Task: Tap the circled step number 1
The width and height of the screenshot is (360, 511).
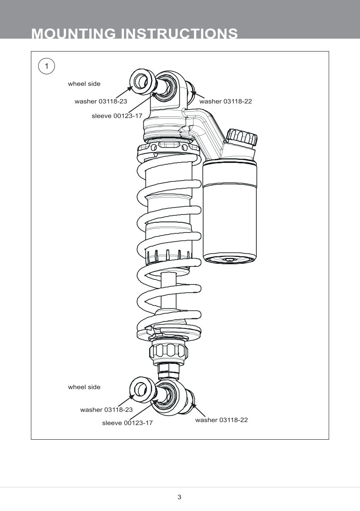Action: [47, 66]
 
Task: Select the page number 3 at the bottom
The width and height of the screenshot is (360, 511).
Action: [179, 497]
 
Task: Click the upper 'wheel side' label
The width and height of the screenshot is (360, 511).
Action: [84, 84]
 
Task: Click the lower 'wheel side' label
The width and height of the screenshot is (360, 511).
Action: [84, 387]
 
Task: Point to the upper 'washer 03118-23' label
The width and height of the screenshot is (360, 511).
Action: [101, 101]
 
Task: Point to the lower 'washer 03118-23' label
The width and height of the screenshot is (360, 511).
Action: [106, 410]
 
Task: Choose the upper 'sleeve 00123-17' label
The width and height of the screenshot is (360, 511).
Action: [117, 116]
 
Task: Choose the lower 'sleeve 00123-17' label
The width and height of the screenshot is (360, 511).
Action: [127, 423]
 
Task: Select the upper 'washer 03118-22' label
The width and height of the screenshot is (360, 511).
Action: [225, 101]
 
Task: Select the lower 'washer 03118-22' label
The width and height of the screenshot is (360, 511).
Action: [221, 420]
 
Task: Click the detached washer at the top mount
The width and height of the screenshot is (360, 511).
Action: [142, 80]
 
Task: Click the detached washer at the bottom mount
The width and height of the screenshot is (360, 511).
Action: [142, 389]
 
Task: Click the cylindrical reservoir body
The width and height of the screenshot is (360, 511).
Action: [231, 210]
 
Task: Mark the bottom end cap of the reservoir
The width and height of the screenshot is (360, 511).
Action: [230, 259]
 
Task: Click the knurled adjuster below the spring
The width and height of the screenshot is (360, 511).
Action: [168, 352]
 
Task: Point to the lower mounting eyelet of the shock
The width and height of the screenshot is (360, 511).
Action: [168, 397]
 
